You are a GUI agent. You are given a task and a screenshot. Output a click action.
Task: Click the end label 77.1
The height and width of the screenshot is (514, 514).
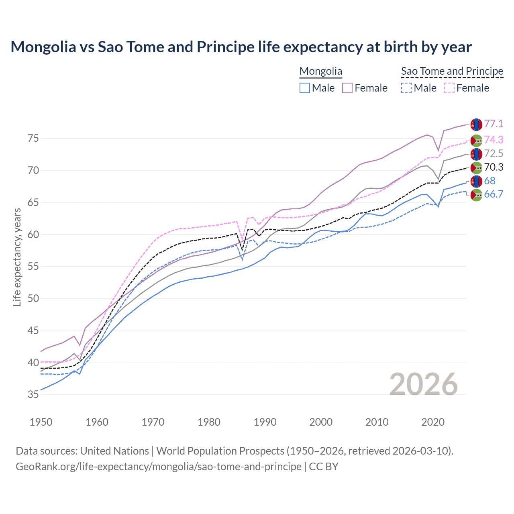point(494,124)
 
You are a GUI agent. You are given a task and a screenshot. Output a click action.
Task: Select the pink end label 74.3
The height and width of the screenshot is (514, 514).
point(494,140)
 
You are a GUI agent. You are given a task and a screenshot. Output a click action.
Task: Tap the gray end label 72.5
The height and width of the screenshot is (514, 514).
point(494,153)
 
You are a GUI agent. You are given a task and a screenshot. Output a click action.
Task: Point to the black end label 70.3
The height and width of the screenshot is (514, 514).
point(494,167)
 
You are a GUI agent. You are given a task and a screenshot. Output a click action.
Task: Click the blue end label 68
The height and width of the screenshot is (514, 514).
point(490,181)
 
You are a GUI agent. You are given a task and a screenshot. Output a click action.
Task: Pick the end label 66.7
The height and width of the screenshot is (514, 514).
point(494,194)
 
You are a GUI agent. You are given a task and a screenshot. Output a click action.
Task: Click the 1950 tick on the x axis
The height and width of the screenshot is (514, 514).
point(41,422)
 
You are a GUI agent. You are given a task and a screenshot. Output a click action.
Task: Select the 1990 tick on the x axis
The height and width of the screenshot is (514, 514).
point(265,422)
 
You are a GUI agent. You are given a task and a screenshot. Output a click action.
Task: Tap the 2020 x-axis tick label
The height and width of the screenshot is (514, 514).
point(433,422)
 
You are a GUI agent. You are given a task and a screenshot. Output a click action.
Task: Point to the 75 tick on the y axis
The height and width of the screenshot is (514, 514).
point(33,139)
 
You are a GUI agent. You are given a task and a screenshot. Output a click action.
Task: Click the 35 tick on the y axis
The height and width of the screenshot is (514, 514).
point(33,395)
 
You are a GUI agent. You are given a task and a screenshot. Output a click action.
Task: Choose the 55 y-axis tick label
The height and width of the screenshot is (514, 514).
point(33,267)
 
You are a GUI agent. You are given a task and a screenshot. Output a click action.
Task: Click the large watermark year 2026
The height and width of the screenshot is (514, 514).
point(423,384)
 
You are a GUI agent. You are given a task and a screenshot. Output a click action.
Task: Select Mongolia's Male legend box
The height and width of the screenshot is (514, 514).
point(305,88)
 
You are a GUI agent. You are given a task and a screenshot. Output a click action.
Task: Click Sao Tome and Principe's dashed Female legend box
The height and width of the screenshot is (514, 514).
point(449,88)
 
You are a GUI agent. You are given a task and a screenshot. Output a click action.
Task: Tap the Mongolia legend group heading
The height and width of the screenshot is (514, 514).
point(321,71)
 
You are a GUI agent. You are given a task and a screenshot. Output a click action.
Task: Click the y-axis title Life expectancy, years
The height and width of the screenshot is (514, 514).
point(17,257)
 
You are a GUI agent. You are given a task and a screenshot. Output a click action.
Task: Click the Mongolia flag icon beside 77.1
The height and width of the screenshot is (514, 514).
point(476,124)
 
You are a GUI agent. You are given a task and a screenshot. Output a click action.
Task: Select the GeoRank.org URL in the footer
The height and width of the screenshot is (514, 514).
point(159,467)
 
